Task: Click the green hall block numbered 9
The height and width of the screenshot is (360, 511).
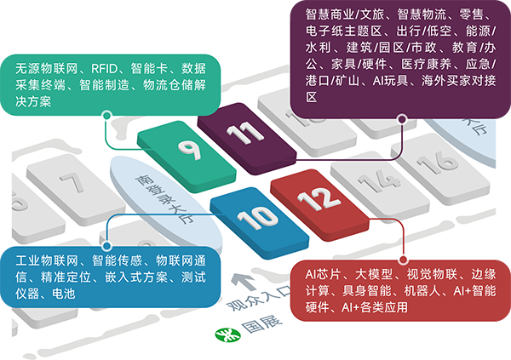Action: (187, 157)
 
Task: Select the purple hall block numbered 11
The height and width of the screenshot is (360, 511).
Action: (247, 139)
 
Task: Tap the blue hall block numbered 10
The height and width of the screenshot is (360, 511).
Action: (260, 223)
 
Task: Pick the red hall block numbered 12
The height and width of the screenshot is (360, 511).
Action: (319, 205)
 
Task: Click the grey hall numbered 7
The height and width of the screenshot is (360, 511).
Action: (76, 190)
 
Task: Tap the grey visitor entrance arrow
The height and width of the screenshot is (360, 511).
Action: (243, 282)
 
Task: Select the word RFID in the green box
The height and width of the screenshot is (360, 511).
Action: (104, 69)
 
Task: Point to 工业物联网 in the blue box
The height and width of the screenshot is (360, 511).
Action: (47, 260)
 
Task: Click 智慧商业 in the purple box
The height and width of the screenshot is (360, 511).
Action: (330, 14)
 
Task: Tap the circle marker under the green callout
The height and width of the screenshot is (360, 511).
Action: (106, 116)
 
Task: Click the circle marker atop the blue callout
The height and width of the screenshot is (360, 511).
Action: (106, 246)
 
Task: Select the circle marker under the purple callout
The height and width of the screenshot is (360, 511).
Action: (403, 119)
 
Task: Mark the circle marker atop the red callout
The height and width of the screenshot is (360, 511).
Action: (403, 260)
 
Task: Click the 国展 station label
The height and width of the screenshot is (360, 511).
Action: (261, 324)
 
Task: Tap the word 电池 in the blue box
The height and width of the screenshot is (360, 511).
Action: (64, 294)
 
